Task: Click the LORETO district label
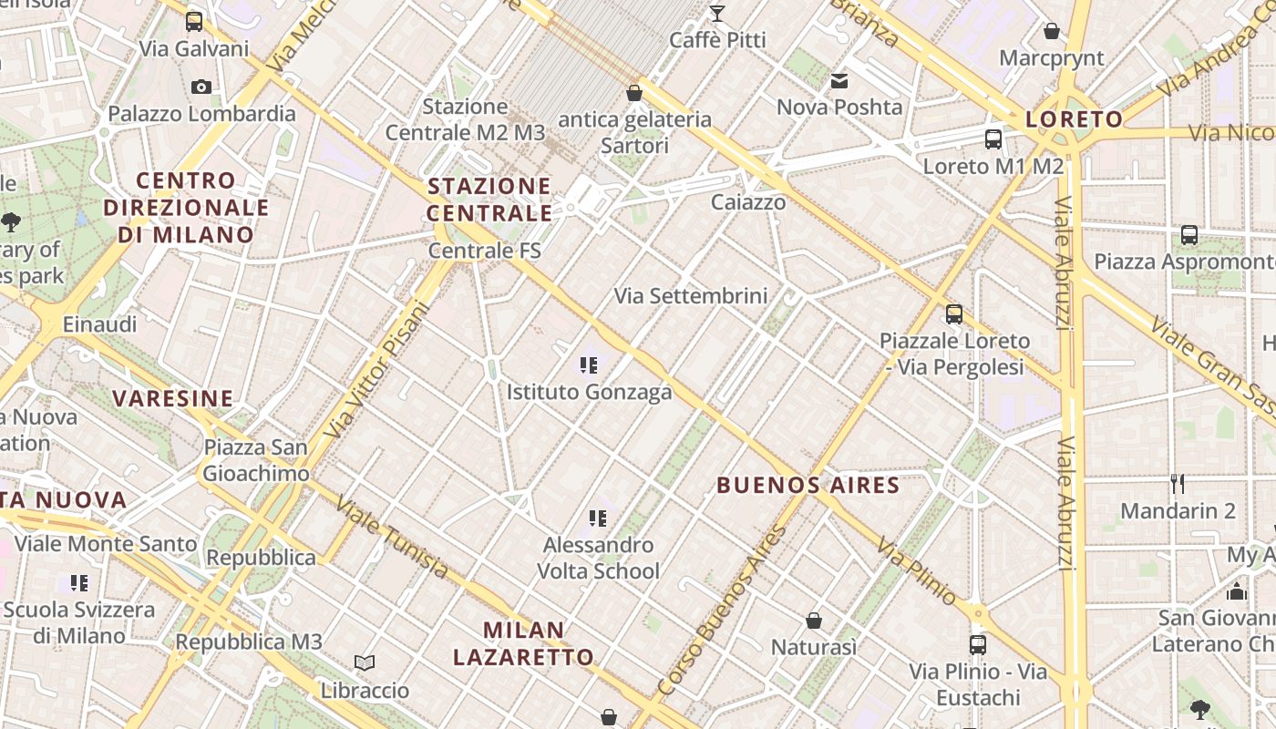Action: [x=1074, y=119]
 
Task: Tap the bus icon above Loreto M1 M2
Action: [x=993, y=139]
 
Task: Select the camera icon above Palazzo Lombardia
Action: [x=201, y=87]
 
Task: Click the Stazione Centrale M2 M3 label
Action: [x=465, y=119]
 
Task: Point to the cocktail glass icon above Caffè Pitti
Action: [x=717, y=13]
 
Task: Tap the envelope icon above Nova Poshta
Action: [x=839, y=81]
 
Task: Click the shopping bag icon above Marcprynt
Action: [x=1051, y=31]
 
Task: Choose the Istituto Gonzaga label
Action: [x=589, y=392]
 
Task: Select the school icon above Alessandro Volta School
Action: [x=597, y=519]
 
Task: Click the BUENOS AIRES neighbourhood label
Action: [x=808, y=485]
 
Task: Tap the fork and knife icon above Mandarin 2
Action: [x=1178, y=483]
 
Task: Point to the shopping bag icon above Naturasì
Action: [x=814, y=621]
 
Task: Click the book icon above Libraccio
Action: [x=365, y=662]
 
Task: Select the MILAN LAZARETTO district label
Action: [x=523, y=643]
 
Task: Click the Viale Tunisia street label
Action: [x=392, y=538]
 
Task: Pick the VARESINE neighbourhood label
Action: [x=173, y=398]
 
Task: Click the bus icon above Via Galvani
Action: [x=194, y=21]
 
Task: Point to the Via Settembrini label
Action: [x=690, y=296]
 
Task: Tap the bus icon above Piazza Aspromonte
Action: [x=1189, y=234]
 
